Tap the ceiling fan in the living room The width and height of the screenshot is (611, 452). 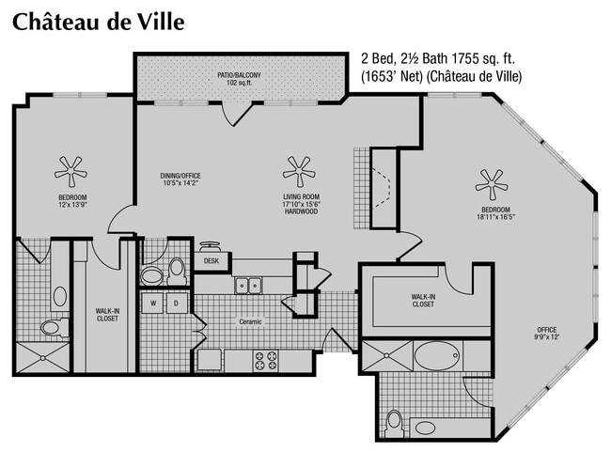click(x=298, y=170)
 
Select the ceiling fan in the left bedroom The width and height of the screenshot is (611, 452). click(x=70, y=170)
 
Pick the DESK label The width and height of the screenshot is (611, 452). click(x=211, y=261)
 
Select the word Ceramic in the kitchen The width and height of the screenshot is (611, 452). click(x=250, y=321)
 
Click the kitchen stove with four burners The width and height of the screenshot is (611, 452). click(x=265, y=359)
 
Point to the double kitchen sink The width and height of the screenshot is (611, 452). click(x=247, y=284)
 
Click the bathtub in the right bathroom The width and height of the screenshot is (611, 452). click(x=436, y=357)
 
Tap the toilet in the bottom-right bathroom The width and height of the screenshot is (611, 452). click(x=395, y=420)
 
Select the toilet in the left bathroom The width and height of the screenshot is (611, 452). click(x=50, y=326)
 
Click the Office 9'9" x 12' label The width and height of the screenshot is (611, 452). click(x=546, y=334)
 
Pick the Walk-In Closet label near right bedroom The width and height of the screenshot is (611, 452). click(x=422, y=301)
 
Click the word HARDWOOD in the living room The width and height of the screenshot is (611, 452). click(x=302, y=212)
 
